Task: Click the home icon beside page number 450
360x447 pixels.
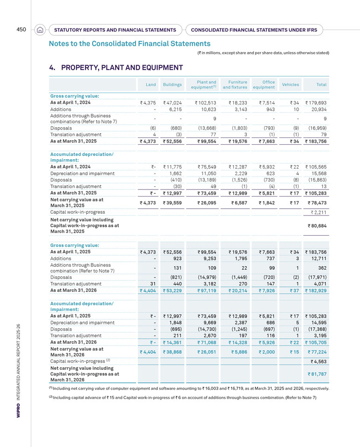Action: click(40, 30)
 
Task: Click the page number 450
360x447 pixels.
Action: click(21, 29)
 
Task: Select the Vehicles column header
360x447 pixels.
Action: click(291, 85)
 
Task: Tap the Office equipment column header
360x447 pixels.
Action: click(264, 85)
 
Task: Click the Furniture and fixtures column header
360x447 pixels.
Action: click(235, 85)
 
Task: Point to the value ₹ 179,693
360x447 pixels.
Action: click(316, 102)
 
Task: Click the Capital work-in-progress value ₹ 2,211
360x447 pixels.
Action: click(319, 212)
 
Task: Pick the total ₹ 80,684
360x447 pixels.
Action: click(317, 226)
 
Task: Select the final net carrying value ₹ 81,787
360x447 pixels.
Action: click(317, 374)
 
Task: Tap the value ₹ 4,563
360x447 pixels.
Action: click(319, 361)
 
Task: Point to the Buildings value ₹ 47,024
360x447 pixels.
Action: click(172, 102)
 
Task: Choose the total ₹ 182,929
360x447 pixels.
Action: click(316, 291)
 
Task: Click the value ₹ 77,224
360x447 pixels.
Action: click(317, 352)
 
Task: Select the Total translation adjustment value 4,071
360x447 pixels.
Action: click(320, 284)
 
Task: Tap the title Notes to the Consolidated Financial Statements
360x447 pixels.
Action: click(129, 44)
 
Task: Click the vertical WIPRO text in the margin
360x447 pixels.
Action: click(18, 410)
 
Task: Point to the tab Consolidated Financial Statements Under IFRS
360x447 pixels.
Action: click(254, 30)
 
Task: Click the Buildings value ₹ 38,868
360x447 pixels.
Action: click(172, 352)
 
